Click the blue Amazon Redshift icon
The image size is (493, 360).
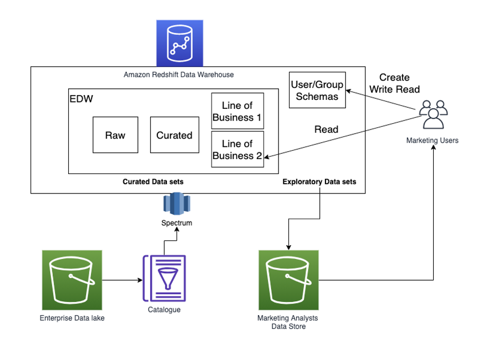(180, 43)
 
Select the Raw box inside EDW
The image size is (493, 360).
(115, 135)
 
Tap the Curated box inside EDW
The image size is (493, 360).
(174, 135)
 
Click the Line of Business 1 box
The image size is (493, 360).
(237, 112)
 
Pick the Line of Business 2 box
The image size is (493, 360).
(237, 150)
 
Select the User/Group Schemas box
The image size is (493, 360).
(318, 90)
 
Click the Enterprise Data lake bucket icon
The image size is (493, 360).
(72, 280)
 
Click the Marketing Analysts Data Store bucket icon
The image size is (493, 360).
(289, 280)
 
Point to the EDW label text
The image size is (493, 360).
(79, 99)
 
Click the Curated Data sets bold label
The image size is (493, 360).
(153, 182)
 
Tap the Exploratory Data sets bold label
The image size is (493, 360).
(319, 182)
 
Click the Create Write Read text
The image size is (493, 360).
(394, 84)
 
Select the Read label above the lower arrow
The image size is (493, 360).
(327, 130)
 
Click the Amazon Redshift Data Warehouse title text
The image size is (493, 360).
(179, 75)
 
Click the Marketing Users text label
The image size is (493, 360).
(432, 141)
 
